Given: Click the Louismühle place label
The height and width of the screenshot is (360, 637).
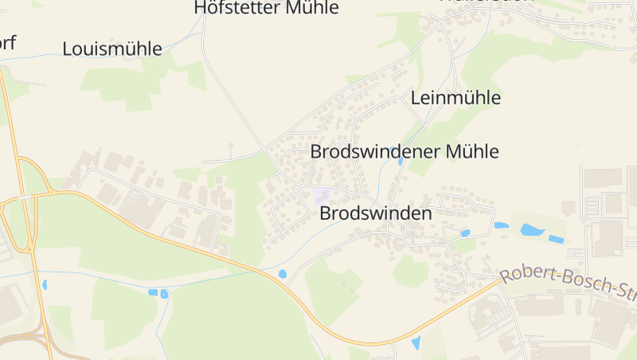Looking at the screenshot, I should pos(112,49).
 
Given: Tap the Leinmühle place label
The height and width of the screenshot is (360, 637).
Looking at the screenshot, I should pos(455,98).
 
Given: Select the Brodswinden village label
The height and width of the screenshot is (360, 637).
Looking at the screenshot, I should pos(375,213).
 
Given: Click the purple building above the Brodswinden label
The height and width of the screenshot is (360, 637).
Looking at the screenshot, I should pos(321,194).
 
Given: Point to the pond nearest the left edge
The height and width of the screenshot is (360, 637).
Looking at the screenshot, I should pos(45,284).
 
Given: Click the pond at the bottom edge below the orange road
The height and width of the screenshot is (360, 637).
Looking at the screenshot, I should pos(416,343).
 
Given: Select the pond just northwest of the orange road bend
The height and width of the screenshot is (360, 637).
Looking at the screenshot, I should pos(283,274).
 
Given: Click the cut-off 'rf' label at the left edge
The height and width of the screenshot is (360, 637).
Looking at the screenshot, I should pos(8,42).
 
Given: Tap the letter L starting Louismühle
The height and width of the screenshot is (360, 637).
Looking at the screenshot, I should pos(68,49).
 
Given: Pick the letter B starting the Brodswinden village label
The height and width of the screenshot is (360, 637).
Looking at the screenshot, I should pos(325,213).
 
